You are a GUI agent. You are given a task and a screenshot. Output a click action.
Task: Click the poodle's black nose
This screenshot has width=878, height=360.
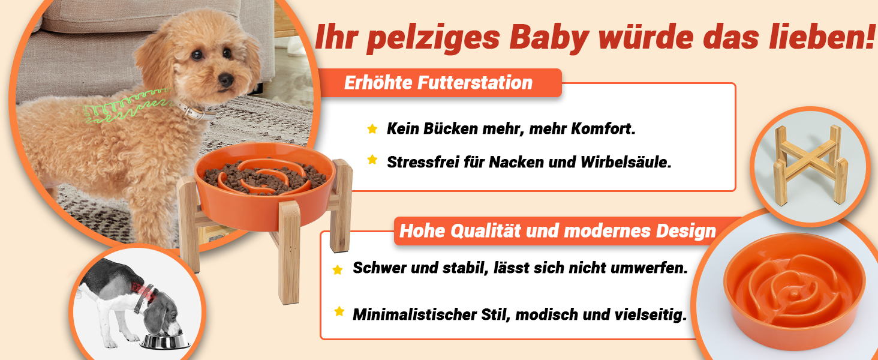(225, 80)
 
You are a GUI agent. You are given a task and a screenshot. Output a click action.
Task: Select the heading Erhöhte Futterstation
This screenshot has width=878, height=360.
(438, 83)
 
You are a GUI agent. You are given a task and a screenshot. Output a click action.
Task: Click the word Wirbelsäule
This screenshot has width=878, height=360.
(626, 162)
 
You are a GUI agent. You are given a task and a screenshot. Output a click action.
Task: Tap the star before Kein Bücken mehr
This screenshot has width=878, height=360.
(372, 128)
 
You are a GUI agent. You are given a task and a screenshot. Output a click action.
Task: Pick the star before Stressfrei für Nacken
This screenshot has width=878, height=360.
(372, 160)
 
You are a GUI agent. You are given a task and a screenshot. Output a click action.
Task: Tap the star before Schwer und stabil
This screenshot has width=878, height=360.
(338, 270)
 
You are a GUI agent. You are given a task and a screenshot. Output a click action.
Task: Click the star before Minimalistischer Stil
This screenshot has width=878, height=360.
(339, 311)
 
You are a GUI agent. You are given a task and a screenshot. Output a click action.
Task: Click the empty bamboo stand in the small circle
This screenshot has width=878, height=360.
(810, 166)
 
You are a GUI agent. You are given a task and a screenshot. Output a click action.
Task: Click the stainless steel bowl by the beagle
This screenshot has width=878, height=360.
(165, 341)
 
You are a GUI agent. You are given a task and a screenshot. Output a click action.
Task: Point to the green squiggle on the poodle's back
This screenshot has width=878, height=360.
(125, 106)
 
